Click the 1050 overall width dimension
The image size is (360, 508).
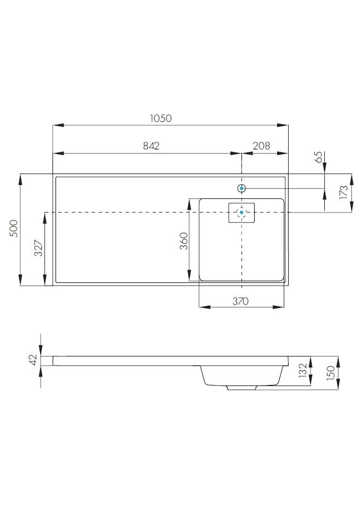pyautogui.click(x=161, y=118)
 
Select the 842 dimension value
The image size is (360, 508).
pyautogui.click(x=151, y=146)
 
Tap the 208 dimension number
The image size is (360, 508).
pyautogui.click(x=262, y=146)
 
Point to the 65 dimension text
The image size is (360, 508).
pyautogui.click(x=318, y=157)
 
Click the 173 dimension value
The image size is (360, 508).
pyautogui.click(x=344, y=192)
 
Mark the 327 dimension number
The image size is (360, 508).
pyautogui.click(x=38, y=248)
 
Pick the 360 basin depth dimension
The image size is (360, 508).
pyautogui.click(x=183, y=241)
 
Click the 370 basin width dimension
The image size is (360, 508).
pyautogui.click(x=240, y=302)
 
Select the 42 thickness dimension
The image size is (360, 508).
pyautogui.click(x=33, y=360)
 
